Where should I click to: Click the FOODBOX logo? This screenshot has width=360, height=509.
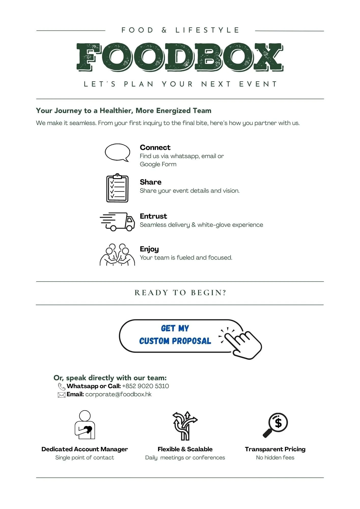point(180,57)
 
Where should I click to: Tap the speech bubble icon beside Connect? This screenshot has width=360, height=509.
point(117,152)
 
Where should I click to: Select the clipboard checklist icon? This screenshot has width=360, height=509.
point(117,188)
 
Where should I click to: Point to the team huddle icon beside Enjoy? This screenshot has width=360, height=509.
point(117,255)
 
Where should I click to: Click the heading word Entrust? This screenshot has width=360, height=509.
point(153,216)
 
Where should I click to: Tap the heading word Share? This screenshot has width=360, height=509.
point(150,182)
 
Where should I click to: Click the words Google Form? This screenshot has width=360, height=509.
point(158,164)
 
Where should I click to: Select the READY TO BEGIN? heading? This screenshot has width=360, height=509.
point(180,293)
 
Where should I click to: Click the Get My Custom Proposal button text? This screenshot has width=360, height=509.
point(175,335)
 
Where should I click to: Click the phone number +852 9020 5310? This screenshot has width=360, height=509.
point(145,386)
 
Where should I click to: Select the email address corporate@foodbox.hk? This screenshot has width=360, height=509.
point(118,394)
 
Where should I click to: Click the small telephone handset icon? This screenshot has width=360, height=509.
point(62,387)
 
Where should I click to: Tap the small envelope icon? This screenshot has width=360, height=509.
point(62,395)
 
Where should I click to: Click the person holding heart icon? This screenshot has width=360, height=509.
point(85,425)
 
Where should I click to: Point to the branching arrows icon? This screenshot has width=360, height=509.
point(185,426)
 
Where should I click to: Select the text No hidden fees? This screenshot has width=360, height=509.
point(275,458)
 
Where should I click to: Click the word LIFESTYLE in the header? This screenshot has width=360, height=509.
point(207,30)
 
